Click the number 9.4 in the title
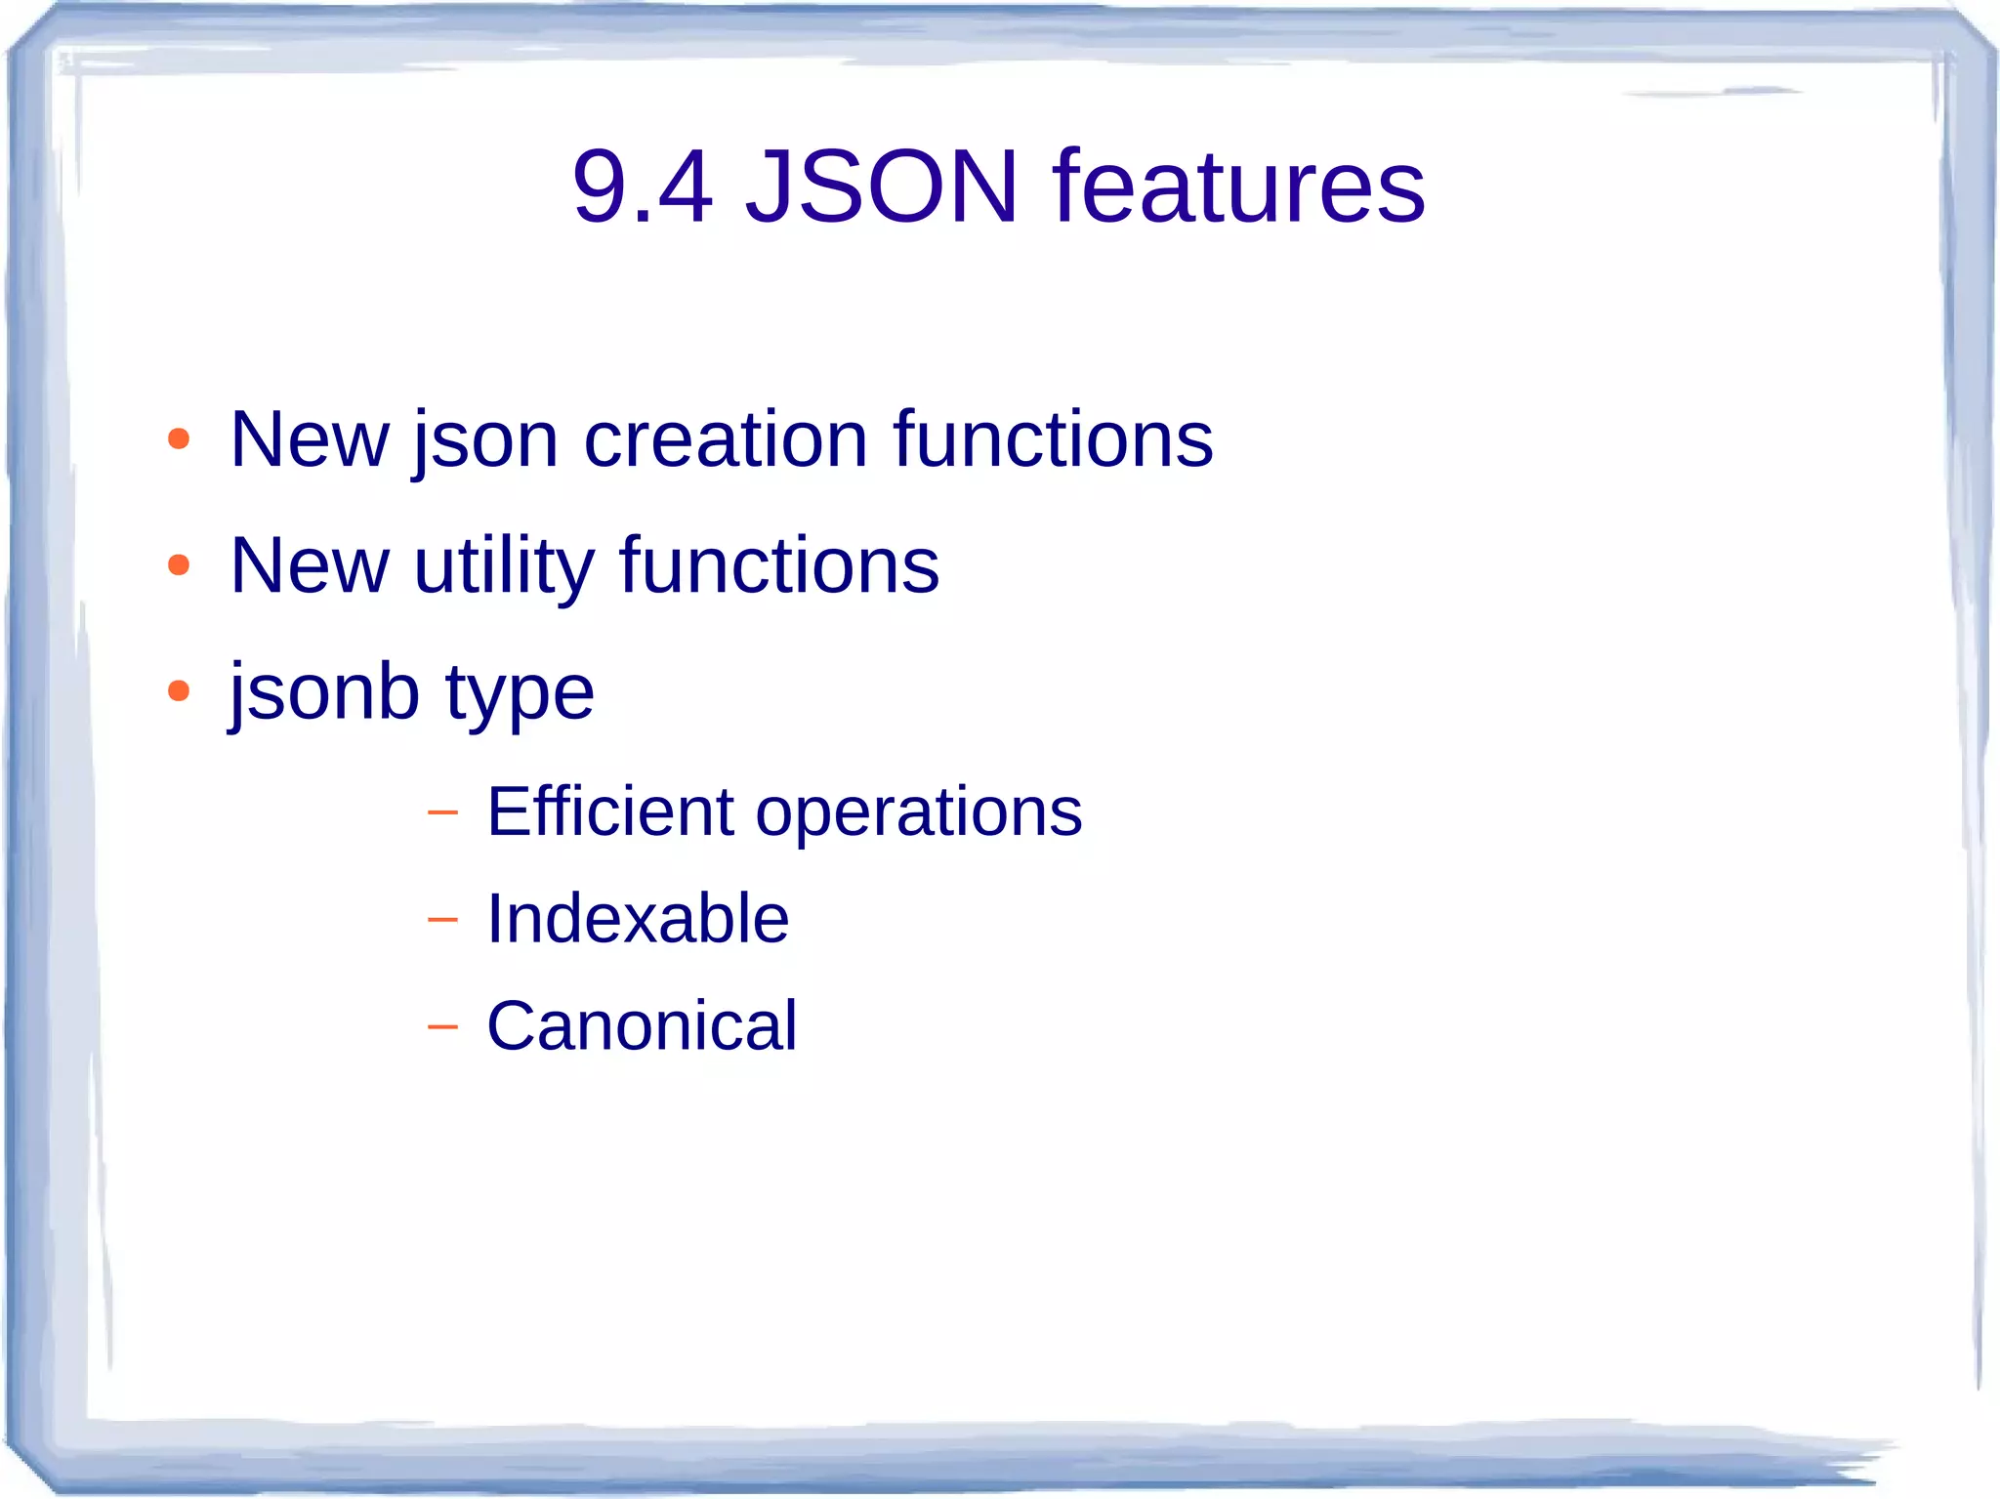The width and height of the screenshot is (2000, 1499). coord(643,187)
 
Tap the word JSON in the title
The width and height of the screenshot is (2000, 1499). coord(882,187)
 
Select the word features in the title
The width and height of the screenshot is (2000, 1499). coord(1238,187)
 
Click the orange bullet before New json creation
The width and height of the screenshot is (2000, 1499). coord(178,439)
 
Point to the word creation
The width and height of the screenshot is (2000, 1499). coord(725,439)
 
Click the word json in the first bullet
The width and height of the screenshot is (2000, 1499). coord(485,441)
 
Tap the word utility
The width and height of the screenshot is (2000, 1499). coord(503,566)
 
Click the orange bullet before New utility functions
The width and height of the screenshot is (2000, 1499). coord(178,565)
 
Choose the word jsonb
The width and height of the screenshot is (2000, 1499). coord(324,692)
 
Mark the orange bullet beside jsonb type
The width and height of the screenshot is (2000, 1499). coord(178,691)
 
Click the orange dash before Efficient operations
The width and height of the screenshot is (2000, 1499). coord(442,812)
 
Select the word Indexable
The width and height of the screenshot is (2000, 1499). coord(638,919)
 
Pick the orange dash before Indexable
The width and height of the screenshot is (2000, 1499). coord(442,920)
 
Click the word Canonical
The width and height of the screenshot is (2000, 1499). coord(642,1026)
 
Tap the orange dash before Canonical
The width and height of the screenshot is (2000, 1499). coord(442,1027)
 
